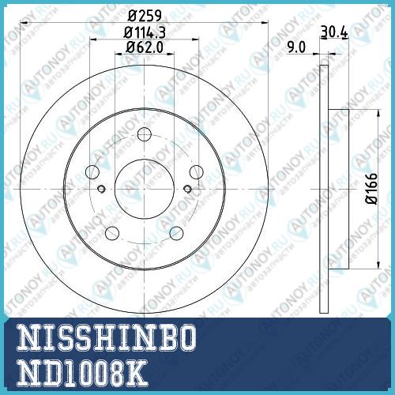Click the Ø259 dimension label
[145, 16]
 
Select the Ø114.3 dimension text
[145, 32]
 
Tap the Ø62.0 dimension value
[145, 47]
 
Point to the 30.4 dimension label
[334, 32]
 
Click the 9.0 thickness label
[296, 47]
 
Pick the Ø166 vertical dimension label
[372, 188]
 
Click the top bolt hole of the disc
[145, 134]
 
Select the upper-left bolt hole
[92, 172]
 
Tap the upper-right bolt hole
[197, 172]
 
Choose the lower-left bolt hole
[112, 233]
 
